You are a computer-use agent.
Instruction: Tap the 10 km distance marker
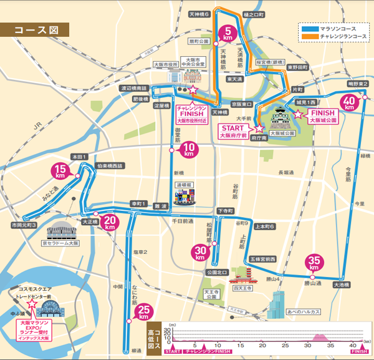click(192, 148)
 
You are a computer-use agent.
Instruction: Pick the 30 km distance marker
click(200, 251)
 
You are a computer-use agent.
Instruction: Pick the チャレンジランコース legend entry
click(333, 37)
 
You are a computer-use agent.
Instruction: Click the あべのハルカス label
click(302, 311)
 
